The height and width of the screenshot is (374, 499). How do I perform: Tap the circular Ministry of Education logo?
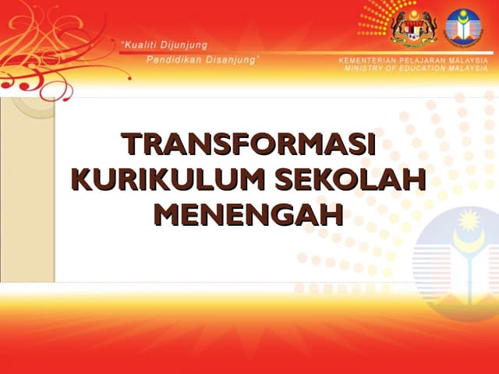coord(464,26)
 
